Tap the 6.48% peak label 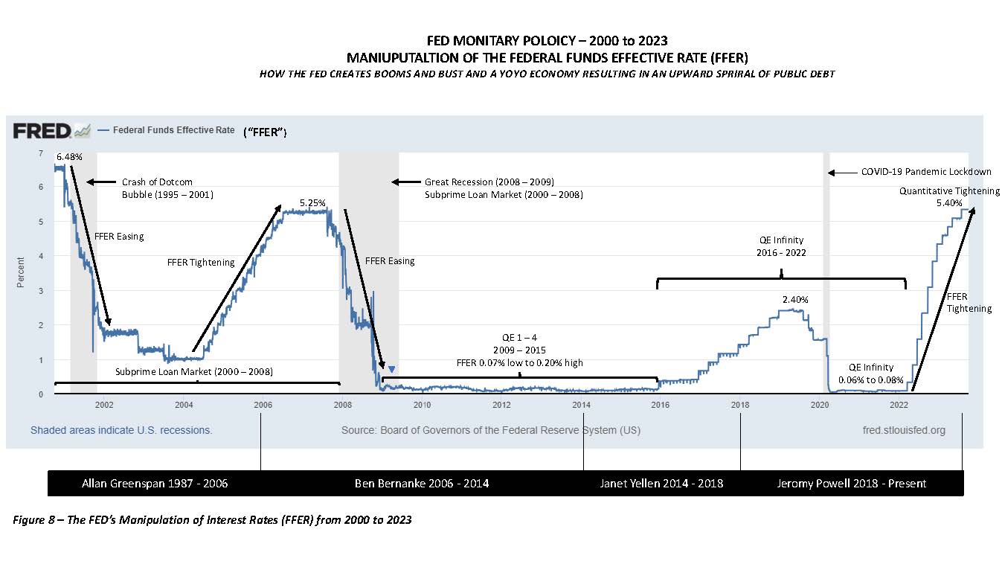(x=68, y=158)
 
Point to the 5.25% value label (x=313, y=202)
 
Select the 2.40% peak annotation (x=794, y=299)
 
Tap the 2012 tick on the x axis (x=501, y=405)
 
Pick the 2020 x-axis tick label (x=820, y=405)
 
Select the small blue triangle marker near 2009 (x=392, y=369)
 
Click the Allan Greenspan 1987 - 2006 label (x=155, y=484)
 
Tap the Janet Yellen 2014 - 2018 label (x=661, y=484)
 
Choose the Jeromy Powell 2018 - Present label (x=851, y=484)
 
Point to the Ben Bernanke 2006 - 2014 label (x=422, y=484)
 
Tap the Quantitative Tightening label (x=949, y=191)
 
